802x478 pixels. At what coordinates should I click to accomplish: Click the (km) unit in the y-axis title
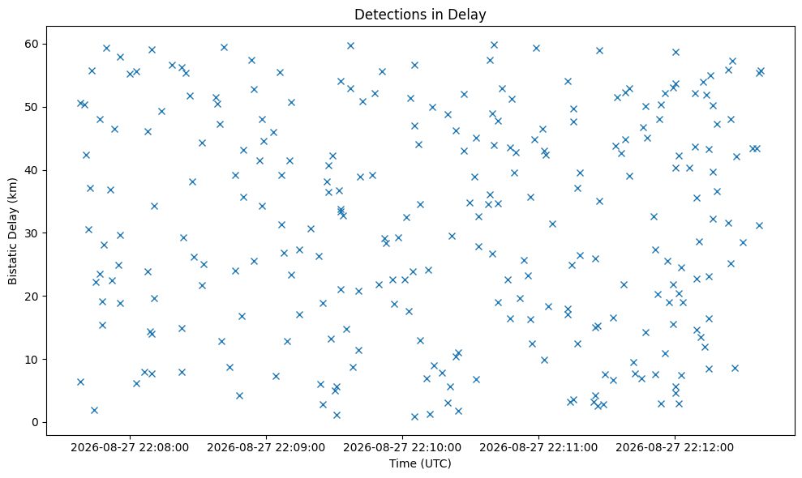coord(13,189)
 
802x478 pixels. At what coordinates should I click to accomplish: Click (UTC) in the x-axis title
coord(435,463)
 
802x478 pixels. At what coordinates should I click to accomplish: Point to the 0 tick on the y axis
coord(36,422)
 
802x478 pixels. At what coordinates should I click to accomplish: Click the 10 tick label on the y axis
coord(32,360)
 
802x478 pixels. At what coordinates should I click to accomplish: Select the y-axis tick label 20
coord(32,297)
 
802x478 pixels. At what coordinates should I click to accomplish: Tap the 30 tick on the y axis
coord(32,233)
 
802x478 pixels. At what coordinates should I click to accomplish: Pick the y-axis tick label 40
coord(32,170)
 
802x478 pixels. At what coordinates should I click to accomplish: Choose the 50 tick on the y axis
coord(32,108)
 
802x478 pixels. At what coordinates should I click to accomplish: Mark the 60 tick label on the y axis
coord(32,44)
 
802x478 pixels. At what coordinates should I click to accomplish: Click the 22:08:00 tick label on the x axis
coord(130,448)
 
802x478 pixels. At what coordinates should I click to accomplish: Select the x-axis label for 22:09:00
coord(266,448)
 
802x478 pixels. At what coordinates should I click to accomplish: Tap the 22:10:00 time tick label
coord(402,448)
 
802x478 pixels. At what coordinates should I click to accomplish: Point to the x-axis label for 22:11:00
coord(538,448)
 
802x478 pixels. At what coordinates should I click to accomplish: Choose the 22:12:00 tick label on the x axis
coord(675,448)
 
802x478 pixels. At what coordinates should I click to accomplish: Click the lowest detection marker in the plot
coord(415,416)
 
